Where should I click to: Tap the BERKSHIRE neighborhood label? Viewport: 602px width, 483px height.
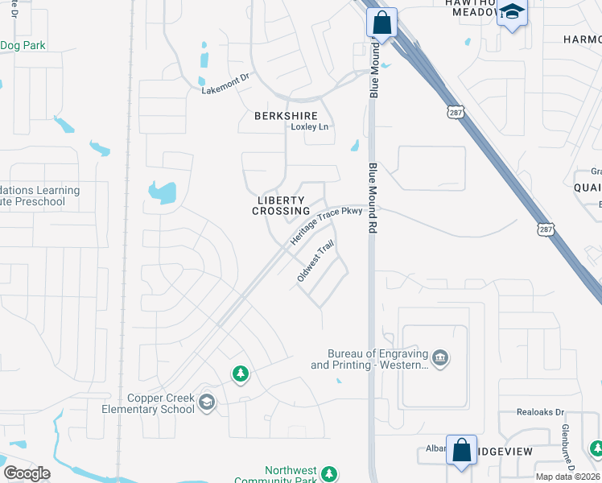point(286,116)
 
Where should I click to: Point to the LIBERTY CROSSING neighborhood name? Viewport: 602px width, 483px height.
point(281,205)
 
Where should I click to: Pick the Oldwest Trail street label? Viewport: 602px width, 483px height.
point(315,262)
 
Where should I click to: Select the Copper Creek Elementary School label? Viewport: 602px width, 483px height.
point(161,403)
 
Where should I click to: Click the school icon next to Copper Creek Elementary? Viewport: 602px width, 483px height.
point(207,402)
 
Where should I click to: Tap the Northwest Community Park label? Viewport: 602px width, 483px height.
point(291,476)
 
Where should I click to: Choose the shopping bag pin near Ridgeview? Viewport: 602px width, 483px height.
point(462,450)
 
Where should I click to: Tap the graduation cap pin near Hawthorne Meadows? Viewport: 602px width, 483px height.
point(512,14)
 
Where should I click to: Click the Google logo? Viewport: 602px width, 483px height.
point(27,473)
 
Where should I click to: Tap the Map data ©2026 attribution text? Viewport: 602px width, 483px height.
point(568,477)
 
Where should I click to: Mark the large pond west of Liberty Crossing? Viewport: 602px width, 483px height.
point(163,192)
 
